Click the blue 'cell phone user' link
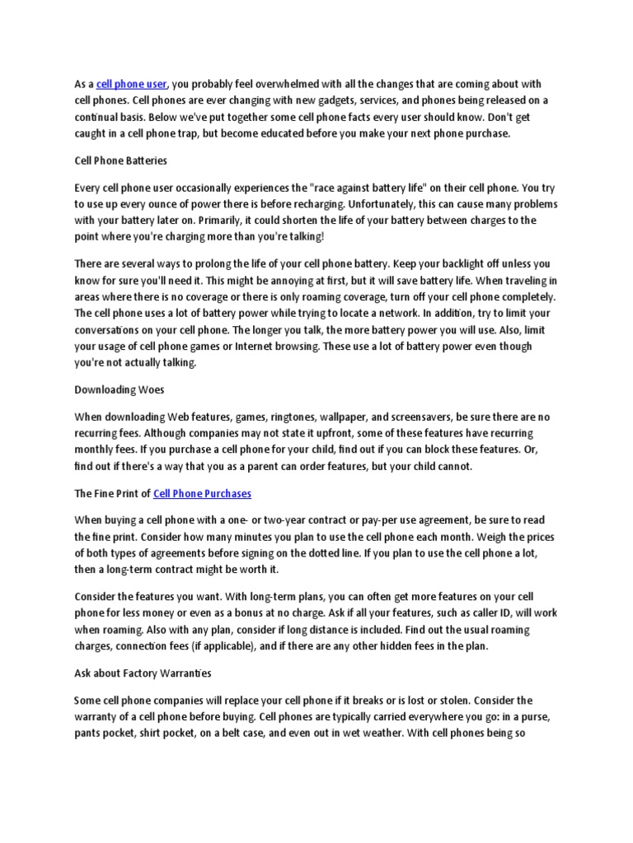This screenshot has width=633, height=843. [x=132, y=84]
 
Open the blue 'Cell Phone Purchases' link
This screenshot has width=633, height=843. [x=202, y=493]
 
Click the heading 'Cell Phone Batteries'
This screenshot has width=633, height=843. [x=121, y=160]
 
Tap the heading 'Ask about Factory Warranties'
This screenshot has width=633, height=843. [x=143, y=673]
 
